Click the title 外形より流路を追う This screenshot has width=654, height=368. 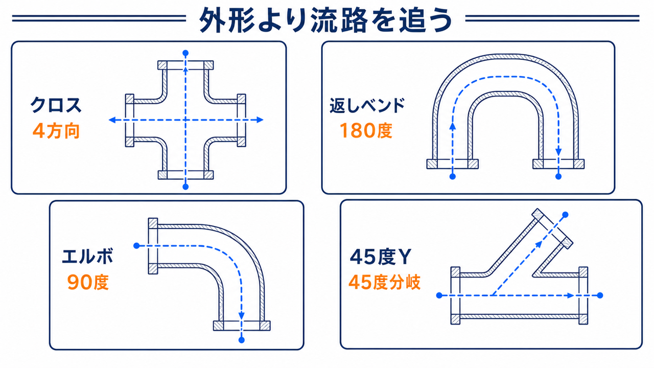pyautogui.click(x=325, y=20)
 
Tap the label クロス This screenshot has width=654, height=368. pyautogui.click(x=56, y=105)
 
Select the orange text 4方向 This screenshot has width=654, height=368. pyautogui.click(x=56, y=130)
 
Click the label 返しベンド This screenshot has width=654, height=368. pyautogui.click(x=367, y=105)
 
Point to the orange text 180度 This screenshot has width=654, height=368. pyautogui.click(x=365, y=130)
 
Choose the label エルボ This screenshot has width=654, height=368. pyautogui.click(x=87, y=257)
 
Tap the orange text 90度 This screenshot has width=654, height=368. pyautogui.click(x=88, y=282)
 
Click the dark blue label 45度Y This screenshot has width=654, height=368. pyautogui.click(x=380, y=257)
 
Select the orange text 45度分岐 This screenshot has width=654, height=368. pyautogui.click(x=385, y=282)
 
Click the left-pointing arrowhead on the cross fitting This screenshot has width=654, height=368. pyautogui.click(x=112, y=120)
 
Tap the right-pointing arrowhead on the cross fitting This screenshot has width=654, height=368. pyautogui.click(x=260, y=120)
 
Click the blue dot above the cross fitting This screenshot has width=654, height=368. pyautogui.click(x=185, y=53)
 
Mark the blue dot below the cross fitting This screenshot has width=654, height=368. pyautogui.click(x=185, y=187)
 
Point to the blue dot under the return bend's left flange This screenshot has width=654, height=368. pyautogui.click(x=453, y=176)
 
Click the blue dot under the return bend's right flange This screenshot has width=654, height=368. pyautogui.click(x=558, y=176)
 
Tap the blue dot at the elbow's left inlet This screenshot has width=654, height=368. pyautogui.click(x=136, y=246)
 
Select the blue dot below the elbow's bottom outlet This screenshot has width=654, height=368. pyautogui.click(x=242, y=340)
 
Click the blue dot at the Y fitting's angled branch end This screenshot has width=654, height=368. pyautogui.click(x=565, y=215)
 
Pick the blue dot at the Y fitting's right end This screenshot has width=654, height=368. pyautogui.click(x=600, y=295)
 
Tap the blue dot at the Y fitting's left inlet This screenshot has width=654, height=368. pyautogui.click(x=439, y=295)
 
